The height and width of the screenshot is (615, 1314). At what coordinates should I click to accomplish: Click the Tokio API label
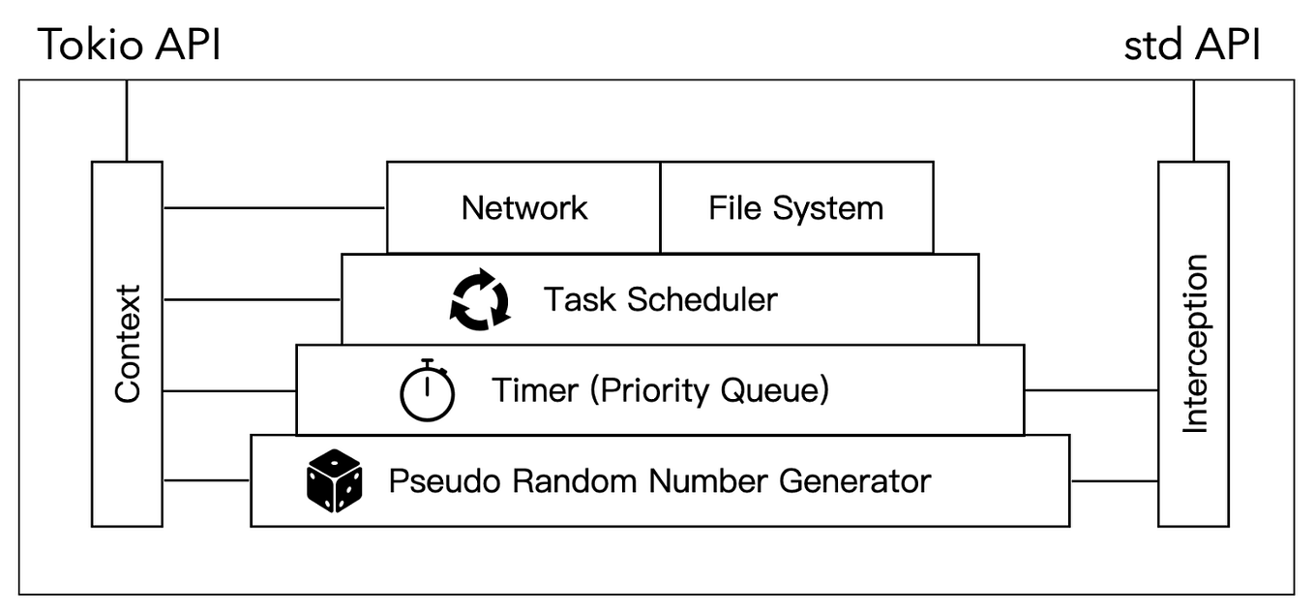click(x=129, y=45)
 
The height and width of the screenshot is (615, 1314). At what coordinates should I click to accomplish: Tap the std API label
click(x=1192, y=45)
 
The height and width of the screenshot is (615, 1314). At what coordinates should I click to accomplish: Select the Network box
click(x=523, y=207)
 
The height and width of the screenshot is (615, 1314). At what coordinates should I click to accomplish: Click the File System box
click(x=796, y=207)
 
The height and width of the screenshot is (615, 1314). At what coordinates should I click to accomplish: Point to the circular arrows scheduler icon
click(x=479, y=300)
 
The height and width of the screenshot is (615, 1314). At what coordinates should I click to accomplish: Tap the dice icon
click(x=334, y=481)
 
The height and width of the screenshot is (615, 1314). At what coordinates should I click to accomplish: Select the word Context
click(x=128, y=344)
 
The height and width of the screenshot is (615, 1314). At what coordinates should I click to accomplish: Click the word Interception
click(x=1196, y=344)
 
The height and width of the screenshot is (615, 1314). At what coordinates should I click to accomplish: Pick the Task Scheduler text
click(x=659, y=299)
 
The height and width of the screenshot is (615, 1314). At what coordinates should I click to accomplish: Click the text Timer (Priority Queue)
click(x=661, y=390)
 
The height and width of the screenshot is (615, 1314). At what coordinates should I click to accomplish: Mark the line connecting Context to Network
click(x=275, y=207)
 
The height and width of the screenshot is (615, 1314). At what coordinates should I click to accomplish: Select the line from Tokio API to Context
click(x=127, y=120)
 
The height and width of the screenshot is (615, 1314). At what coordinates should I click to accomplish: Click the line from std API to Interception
click(x=1194, y=120)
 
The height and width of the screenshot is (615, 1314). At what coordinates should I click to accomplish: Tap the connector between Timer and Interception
click(x=1090, y=390)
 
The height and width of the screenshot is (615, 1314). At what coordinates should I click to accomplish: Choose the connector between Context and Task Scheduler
click(x=253, y=299)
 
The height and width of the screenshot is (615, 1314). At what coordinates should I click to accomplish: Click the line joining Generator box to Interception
click(x=1114, y=480)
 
